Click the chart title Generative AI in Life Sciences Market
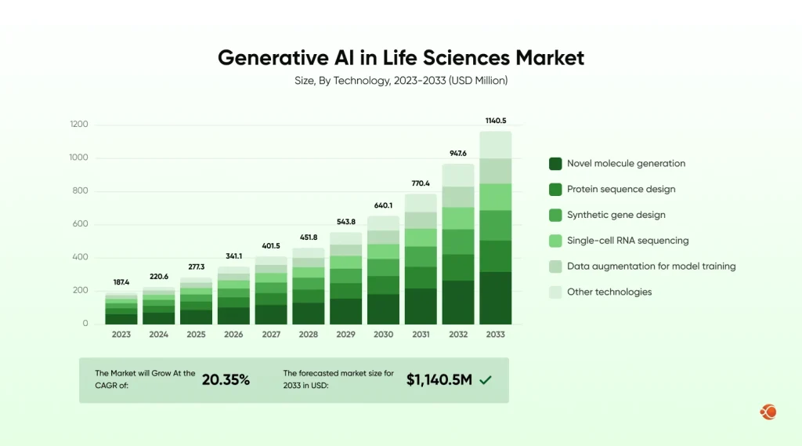400,58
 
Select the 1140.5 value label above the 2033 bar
496,121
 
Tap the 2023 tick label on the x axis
121,334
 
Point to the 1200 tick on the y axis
79,125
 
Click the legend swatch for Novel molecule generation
555,164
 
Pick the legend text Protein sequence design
621,189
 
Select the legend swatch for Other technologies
555,292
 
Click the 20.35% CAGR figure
226,380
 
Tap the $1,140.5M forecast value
439,380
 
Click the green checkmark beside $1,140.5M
486,380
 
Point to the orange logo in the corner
768,412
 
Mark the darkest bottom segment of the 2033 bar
496,298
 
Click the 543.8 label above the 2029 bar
345,222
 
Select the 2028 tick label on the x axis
309,334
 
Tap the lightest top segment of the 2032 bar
458,175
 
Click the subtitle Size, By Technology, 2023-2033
400,81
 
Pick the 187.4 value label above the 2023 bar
121,281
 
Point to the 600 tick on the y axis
81,224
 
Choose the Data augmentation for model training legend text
651,267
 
